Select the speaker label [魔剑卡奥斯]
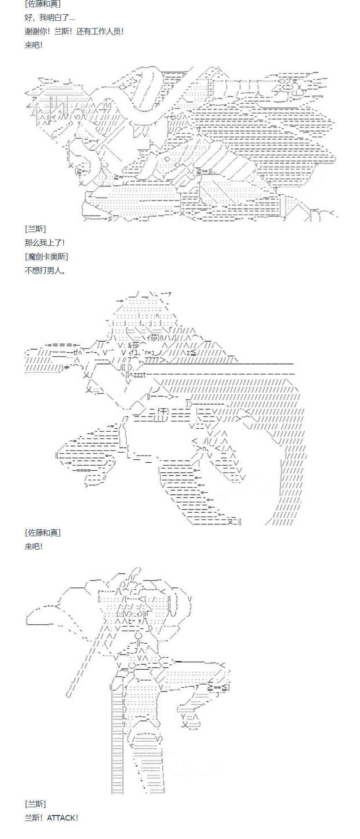[x=46, y=256]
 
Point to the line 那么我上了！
[x=44, y=242]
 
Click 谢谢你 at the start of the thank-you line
[x=35, y=31]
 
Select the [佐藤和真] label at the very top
[x=42, y=4]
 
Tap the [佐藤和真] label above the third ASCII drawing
[x=42, y=532]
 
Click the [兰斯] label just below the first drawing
[x=35, y=229]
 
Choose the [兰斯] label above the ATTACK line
[x=35, y=804]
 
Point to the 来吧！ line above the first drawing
[x=34, y=45]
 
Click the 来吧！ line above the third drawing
[x=34, y=546]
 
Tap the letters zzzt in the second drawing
[x=140, y=375]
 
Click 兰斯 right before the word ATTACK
[x=32, y=818]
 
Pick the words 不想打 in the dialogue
[x=35, y=270]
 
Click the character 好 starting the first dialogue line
[x=29, y=18]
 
